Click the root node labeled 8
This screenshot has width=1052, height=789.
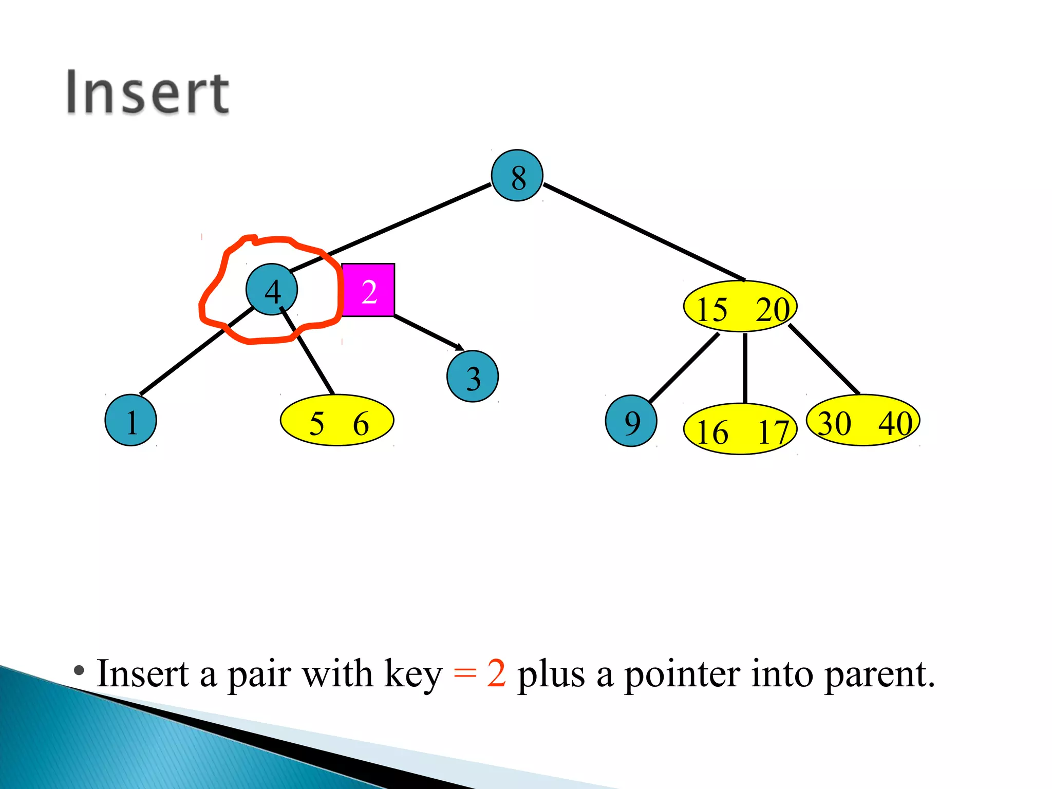(517, 176)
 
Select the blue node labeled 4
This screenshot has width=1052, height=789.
(272, 290)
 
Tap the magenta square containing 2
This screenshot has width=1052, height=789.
(368, 290)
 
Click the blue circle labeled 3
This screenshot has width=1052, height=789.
(473, 377)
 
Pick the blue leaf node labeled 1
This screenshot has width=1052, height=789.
(130, 420)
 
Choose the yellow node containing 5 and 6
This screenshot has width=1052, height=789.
(337, 420)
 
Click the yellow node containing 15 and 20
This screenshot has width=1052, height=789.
(740, 307)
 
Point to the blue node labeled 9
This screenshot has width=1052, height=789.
(631, 421)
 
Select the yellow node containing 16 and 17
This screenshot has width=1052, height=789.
(740, 429)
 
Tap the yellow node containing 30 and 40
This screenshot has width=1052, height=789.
(863, 420)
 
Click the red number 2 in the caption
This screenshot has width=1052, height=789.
(496, 673)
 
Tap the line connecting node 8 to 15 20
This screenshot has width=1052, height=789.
(644, 232)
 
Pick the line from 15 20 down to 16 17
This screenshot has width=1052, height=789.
(745, 368)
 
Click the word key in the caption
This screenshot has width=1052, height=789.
(413, 674)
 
